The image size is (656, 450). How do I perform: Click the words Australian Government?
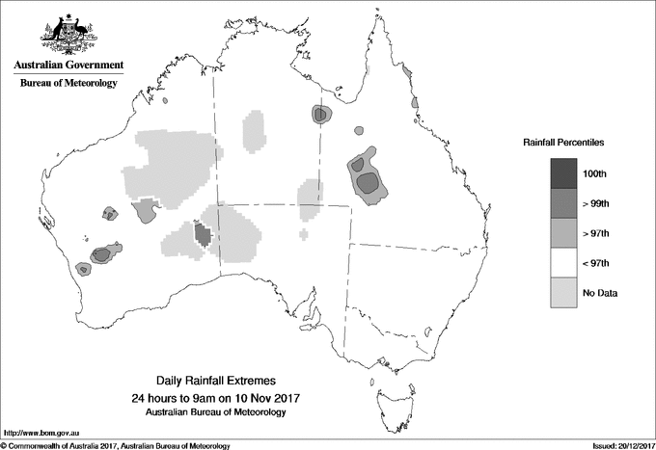click(x=68, y=66)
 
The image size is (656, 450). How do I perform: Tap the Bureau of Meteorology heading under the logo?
click(x=68, y=84)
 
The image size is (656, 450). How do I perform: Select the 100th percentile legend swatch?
click(x=564, y=173)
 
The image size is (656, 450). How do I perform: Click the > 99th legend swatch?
click(x=564, y=203)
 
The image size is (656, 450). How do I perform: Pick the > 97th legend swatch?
click(x=564, y=233)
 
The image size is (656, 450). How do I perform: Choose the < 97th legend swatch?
click(x=564, y=263)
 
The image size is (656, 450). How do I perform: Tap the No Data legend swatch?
click(x=564, y=293)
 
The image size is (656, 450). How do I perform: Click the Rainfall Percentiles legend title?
click(x=563, y=143)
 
